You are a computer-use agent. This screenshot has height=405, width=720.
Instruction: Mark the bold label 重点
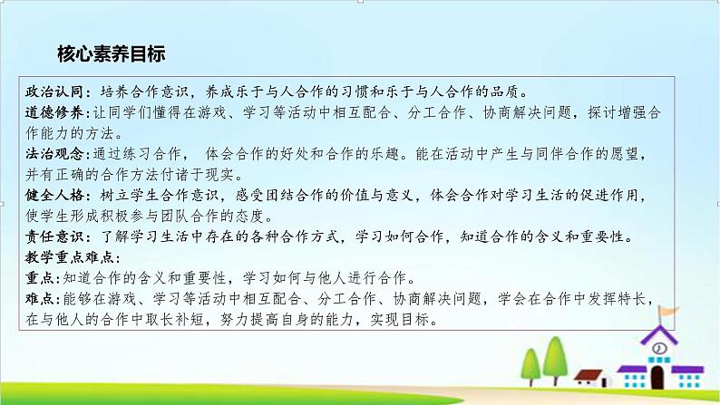(41, 277)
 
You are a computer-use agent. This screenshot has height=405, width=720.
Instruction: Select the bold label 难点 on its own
(41, 298)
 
